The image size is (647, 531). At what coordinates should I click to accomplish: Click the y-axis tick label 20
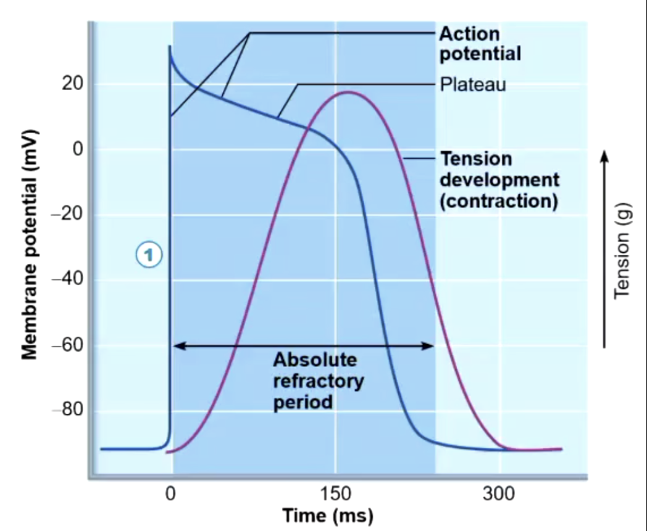(72, 84)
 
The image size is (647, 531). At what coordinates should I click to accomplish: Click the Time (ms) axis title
(328, 515)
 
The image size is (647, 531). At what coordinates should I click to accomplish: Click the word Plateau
(473, 84)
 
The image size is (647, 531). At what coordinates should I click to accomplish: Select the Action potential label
(480, 44)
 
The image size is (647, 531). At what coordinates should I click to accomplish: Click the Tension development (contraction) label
(499, 179)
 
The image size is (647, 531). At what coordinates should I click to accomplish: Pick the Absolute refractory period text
(318, 381)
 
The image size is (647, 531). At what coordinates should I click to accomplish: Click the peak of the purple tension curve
(348, 92)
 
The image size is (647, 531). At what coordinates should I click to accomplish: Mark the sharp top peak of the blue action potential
(169, 47)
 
